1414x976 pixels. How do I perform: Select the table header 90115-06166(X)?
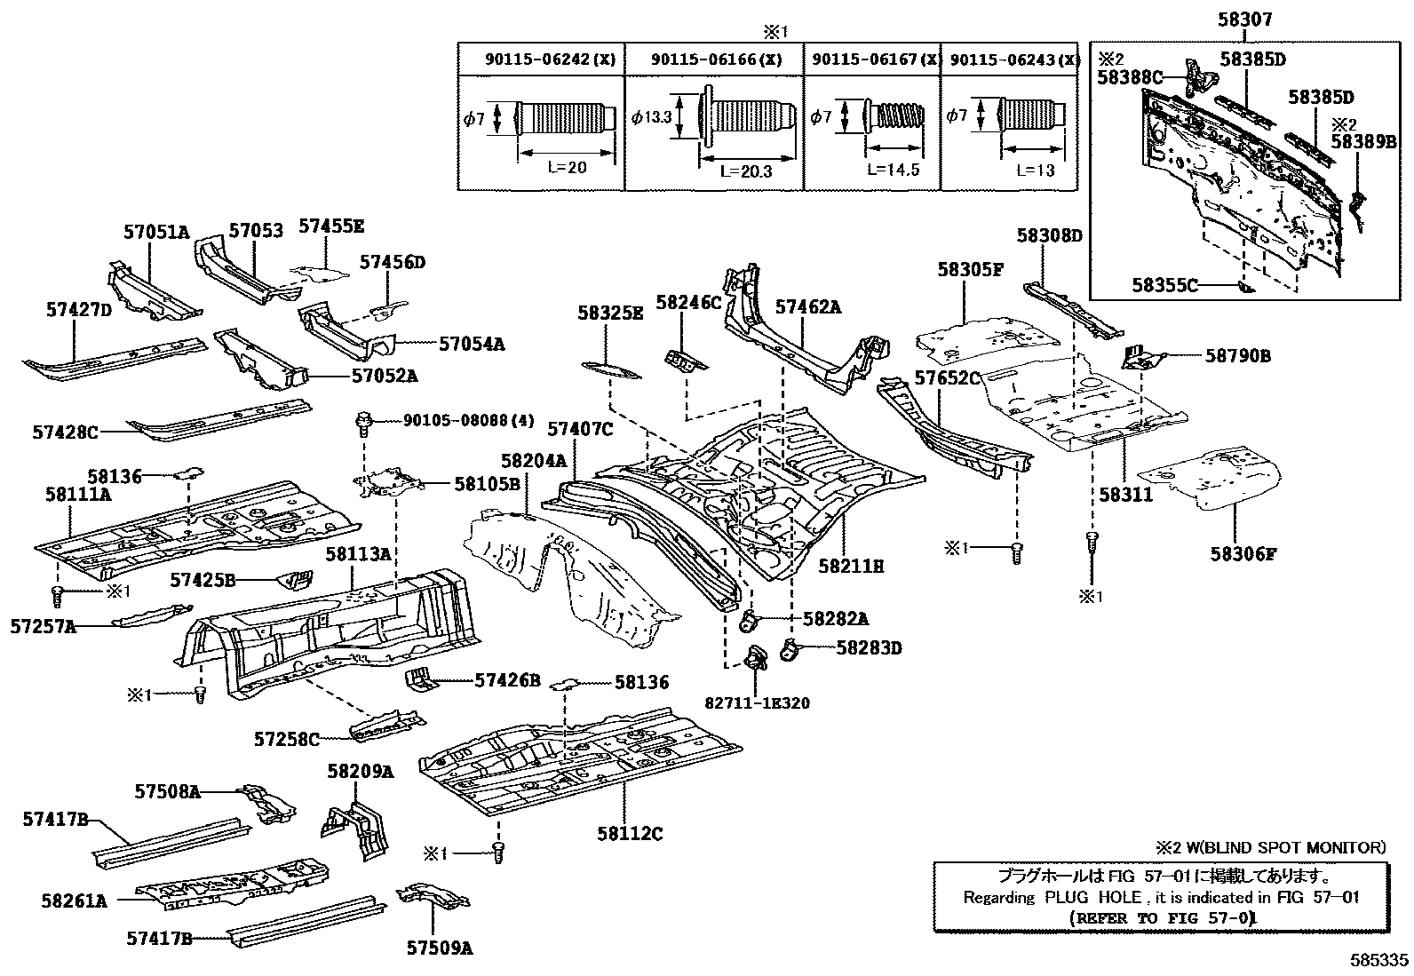(716, 60)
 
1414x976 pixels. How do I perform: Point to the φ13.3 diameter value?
(652, 116)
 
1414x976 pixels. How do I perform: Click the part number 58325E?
(609, 313)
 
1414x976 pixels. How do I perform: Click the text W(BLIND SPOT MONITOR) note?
(1280, 847)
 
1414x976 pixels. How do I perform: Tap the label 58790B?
(1237, 356)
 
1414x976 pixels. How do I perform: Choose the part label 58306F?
(1242, 554)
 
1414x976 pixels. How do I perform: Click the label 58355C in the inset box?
(1164, 285)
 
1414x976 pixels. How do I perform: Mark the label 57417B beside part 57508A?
(54, 820)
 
